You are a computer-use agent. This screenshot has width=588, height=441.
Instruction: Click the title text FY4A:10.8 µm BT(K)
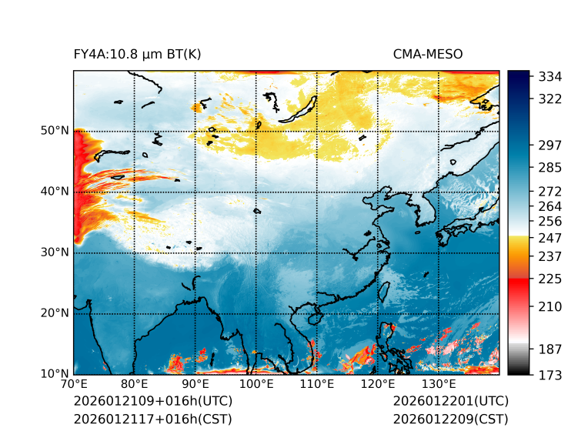coord(137,54)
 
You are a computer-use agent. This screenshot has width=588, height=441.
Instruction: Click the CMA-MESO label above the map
coord(428,54)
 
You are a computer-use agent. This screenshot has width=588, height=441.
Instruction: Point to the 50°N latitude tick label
coord(55,131)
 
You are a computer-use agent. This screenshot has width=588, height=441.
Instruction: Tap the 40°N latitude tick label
coord(55,192)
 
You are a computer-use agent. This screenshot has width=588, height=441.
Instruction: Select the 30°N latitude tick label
coord(55,252)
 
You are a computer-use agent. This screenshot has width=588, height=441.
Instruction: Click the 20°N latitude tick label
coord(55,313)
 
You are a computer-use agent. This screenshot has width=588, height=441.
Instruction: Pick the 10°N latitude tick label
coord(55,374)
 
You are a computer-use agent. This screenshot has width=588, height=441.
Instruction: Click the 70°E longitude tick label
coord(74,384)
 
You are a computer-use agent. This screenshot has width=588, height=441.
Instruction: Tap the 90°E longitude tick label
coord(195,384)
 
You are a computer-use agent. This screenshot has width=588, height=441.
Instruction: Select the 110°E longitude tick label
coord(316,384)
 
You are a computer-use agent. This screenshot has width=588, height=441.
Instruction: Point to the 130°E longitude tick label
coord(438,384)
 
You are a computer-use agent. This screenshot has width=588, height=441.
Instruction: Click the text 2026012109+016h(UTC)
coord(152,401)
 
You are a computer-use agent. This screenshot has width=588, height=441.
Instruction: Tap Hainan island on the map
coord(313,317)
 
